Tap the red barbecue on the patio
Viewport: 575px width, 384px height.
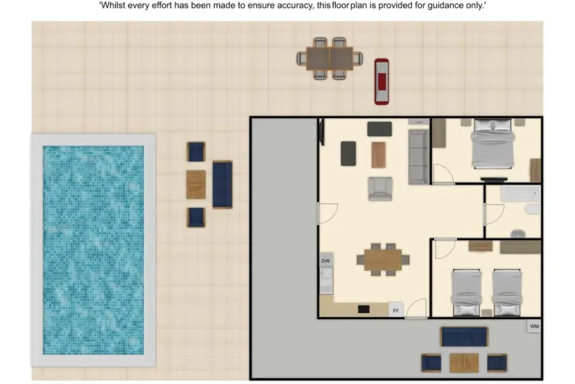[x=381, y=81]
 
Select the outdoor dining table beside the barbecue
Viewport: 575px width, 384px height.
[x=331, y=58]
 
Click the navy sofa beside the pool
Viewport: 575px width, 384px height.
[x=222, y=184]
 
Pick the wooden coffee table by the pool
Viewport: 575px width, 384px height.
[x=196, y=184]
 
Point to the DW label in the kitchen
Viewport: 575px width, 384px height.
[x=325, y=261]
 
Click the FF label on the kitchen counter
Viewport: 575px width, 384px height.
[x=395, y=310]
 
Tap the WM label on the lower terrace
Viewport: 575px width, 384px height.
[x=534, y=326]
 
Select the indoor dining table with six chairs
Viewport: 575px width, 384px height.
[x=383, y=260]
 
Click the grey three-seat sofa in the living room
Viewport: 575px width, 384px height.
[x=417, y=157]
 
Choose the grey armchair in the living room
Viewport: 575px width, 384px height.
[x=380, y=188]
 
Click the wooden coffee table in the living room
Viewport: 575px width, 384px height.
[x=379, y=155]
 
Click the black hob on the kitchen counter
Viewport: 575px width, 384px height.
[x=364, y=309]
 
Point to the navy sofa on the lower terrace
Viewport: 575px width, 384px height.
[x=464, y=336]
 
